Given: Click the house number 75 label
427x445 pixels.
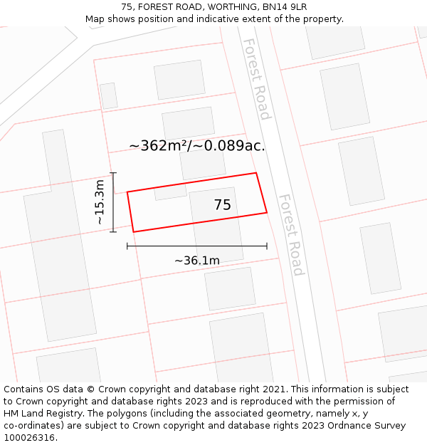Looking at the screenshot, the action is point(222,205).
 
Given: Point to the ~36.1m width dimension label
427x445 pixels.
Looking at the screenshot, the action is point(197,261).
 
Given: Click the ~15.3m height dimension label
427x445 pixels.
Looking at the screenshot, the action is point(100,202).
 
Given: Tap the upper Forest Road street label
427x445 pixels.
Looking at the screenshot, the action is point(256,78).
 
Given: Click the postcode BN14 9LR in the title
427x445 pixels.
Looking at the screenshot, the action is point(283,7).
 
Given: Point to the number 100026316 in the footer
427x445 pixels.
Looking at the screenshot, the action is point(29,437).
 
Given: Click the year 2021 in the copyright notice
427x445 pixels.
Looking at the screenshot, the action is point(274,389).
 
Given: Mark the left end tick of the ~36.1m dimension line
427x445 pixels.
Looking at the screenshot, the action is point(127,246).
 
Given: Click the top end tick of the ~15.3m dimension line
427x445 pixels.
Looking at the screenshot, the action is point(113,173).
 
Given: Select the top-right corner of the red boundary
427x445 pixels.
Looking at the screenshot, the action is point(256,173).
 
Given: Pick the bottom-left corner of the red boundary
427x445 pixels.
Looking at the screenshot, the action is point(133,231).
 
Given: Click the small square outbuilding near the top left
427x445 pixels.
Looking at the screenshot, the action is point(109,96).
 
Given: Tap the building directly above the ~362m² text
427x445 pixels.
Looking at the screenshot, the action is point(188,122).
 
